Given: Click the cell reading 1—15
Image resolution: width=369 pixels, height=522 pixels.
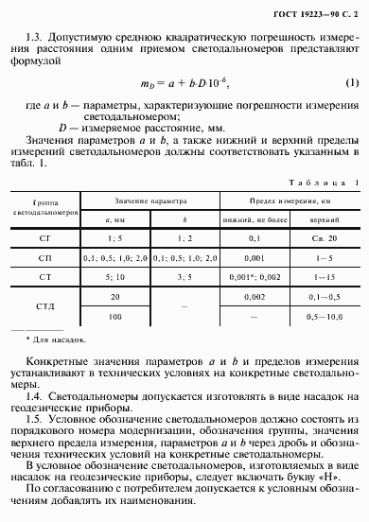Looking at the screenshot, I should pyautogui.click(x=326, y=276).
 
